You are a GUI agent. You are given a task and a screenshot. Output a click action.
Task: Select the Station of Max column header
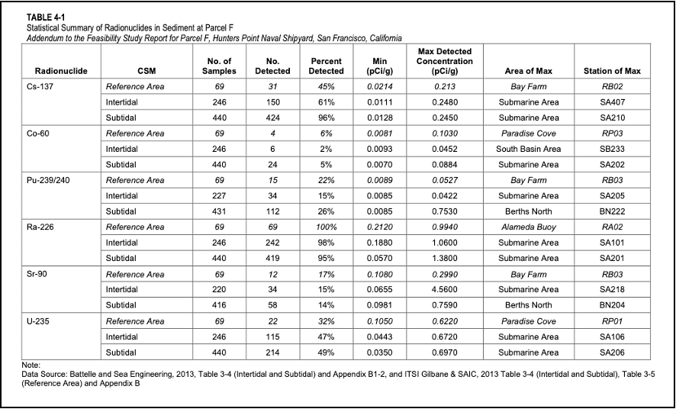(611, 71)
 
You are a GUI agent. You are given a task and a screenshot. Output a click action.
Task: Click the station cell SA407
(612, 102)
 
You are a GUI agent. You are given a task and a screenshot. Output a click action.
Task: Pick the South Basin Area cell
(529, 149)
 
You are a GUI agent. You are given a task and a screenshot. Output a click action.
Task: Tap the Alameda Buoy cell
(529, 227)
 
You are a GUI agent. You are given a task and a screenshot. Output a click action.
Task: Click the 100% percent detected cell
(326, 227)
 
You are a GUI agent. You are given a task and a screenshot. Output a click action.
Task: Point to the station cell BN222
(612, 211)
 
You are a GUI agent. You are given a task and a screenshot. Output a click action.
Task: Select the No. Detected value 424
(272, 118)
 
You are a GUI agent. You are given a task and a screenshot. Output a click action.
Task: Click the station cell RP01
(612, 321)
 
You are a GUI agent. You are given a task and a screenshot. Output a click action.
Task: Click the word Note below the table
(31, 366)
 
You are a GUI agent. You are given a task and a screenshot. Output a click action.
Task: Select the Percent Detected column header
(326, 66)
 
